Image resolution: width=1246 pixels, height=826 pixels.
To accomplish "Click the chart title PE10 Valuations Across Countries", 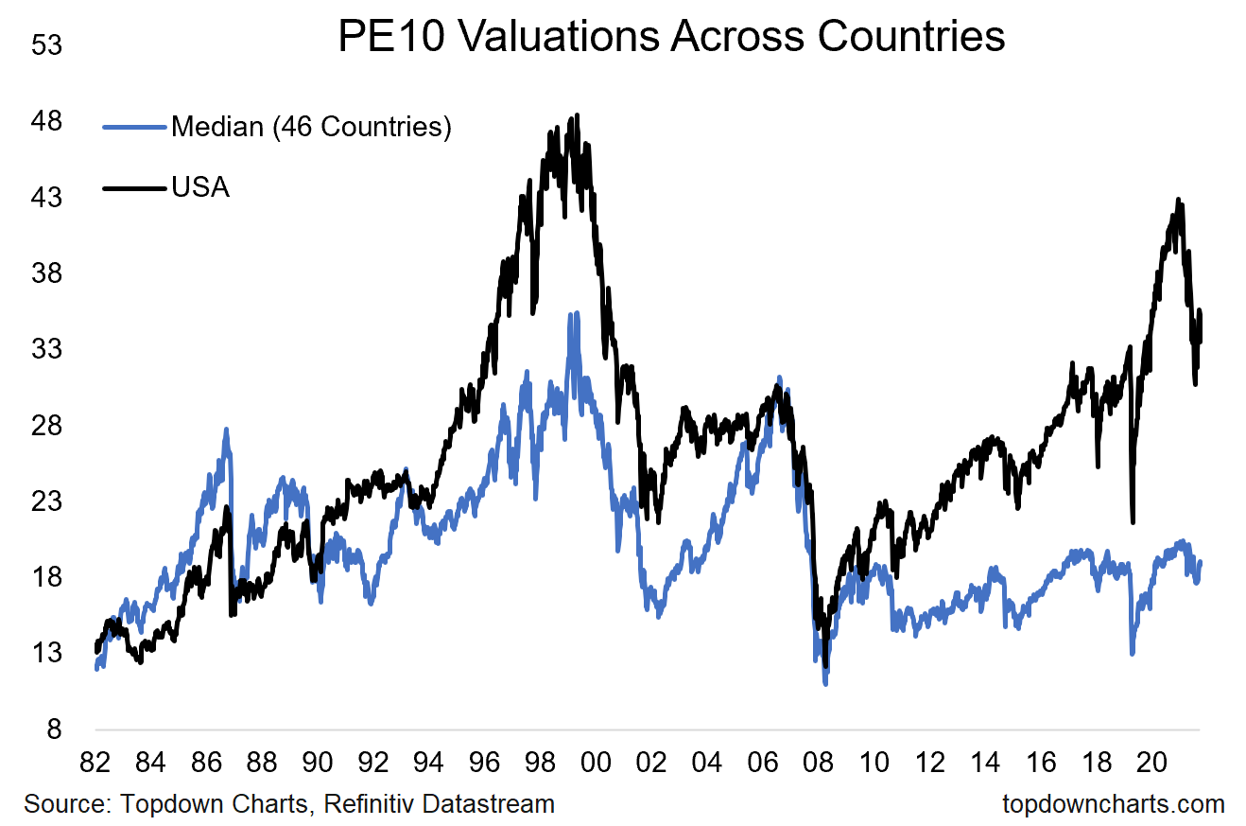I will [670, 37].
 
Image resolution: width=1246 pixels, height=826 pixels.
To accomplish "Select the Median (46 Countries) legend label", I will [311, 127].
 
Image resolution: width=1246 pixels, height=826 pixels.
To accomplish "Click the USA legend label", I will [200, 187].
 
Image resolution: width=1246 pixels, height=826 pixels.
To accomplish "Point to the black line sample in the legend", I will [133, 187].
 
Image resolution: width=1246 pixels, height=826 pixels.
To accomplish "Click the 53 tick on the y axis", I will [46, 45].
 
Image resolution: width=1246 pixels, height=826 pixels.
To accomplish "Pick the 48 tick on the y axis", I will [46, 121].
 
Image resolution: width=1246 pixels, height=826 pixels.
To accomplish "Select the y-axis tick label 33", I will [46, 349].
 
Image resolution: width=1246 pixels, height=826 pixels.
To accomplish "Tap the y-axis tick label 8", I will [53, 729].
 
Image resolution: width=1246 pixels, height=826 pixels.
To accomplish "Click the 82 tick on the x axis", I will [95, 762].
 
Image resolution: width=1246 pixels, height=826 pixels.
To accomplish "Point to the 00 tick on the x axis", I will [595, 762].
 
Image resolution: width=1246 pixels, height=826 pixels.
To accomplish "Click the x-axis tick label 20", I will [1149, 762].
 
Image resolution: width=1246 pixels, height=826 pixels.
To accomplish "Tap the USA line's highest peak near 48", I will [576, 115].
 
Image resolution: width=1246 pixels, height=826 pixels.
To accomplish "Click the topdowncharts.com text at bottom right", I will [1113, 804].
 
